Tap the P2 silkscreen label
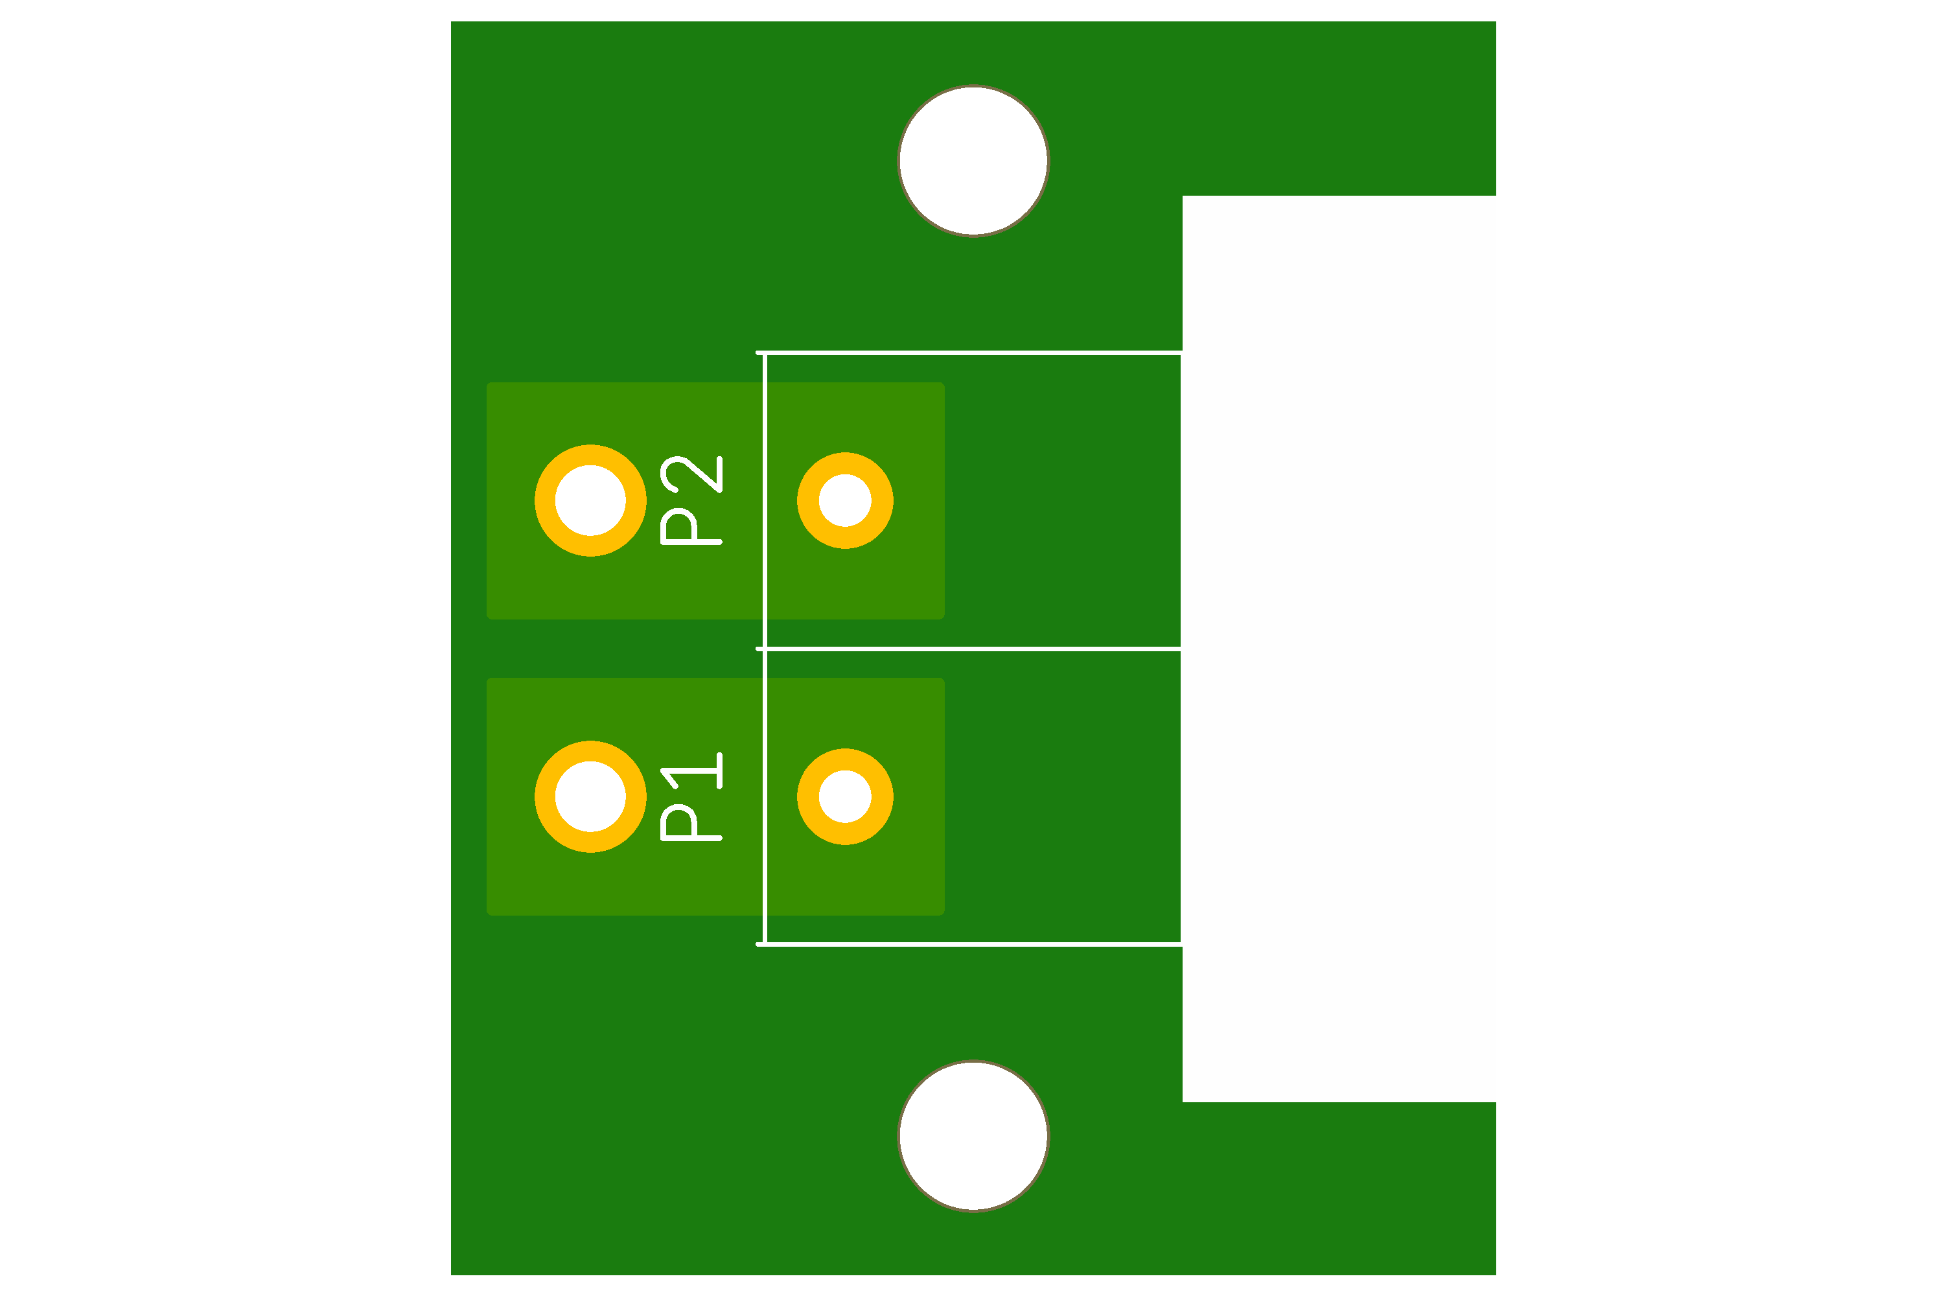[x=691, y=500]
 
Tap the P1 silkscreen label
[x=691, y=797]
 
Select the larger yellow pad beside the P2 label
[x=590, y=500]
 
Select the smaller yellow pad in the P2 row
[x=845, y=500]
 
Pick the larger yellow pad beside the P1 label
[x=590, y=797]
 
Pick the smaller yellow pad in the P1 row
[x=845, y=797]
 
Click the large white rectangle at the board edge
[x=1339, y=649]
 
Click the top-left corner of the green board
[x=453, y=24]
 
